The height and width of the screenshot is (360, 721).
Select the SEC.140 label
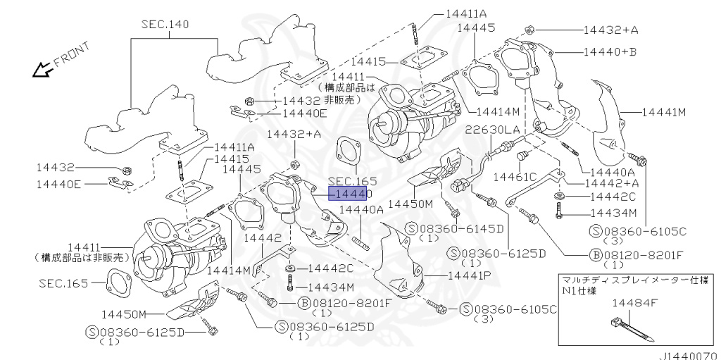point(165,24)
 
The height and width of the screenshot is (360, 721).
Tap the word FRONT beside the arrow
point(72,54)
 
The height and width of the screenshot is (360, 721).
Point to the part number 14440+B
point(610,52)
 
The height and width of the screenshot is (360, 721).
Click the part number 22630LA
point(492,130)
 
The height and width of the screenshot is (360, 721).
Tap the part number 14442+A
point(612,182)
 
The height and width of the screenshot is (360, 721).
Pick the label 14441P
point(470,275)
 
